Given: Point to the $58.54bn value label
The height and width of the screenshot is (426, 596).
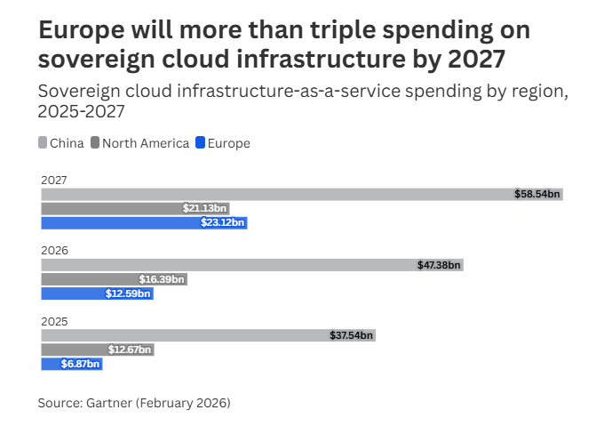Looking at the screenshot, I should point(537,194).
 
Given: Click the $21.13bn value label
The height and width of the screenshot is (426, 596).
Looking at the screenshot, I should point(205,208).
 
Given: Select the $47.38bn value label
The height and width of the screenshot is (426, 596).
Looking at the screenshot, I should point(440,265).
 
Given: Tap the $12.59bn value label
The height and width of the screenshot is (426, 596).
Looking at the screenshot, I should point(131,293).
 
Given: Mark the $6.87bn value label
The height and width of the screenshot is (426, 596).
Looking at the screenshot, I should point(80,364).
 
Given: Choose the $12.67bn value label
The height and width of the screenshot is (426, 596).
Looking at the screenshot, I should point(131,350).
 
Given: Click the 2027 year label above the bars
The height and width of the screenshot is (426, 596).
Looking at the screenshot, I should point(54,181).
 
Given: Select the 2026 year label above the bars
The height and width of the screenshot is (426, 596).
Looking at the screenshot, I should point(54,251).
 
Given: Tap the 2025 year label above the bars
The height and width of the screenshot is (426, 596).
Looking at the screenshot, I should point(54,321).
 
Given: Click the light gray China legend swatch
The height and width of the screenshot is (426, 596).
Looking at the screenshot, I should point(43,143).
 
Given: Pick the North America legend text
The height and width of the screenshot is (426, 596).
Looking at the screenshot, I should point(146,143).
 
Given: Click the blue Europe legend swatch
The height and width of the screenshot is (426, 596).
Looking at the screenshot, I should point(200,143).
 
